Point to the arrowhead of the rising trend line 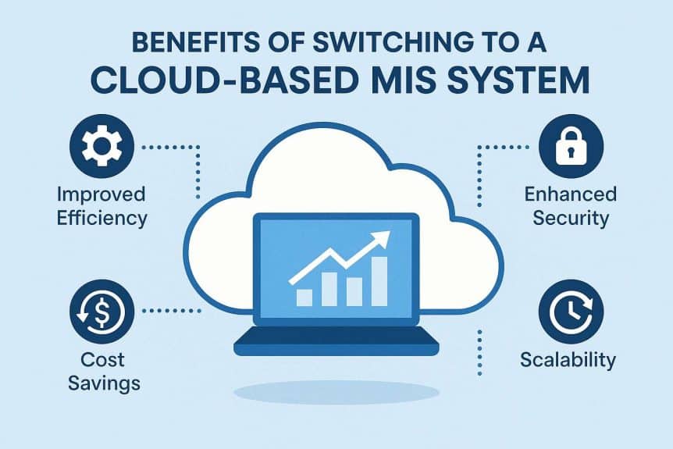click(x=383, y=238)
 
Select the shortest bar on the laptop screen click(x=304, y=297)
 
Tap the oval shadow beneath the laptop click(x=336, y=390)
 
